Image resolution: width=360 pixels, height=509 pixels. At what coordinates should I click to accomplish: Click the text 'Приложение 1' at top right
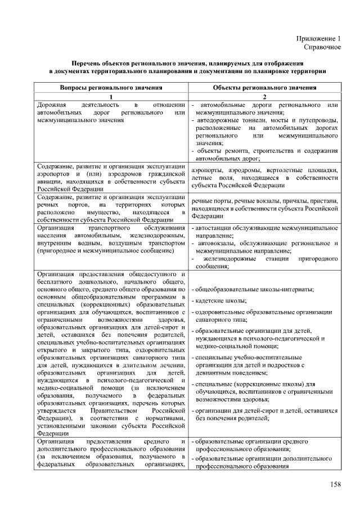tap(318, 39)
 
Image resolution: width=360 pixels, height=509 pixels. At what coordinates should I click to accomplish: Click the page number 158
tap(336, 484)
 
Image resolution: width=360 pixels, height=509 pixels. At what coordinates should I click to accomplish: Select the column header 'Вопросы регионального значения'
tap(111, 88)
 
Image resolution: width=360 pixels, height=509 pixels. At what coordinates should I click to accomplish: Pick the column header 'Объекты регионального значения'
tap(265, 88)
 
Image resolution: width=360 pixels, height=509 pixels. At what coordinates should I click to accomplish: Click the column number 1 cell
tap(111, 97)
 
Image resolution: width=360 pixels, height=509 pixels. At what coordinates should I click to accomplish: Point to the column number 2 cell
tap(265, 97)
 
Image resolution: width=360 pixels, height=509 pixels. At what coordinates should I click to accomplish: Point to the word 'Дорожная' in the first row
tap(51, 105)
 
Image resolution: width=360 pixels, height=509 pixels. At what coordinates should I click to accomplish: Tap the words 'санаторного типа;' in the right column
tap(220, 318)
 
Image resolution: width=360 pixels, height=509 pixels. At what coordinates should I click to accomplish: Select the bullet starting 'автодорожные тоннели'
tap(264, 121)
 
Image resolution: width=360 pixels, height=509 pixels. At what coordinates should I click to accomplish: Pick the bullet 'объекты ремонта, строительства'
tap(264, 151)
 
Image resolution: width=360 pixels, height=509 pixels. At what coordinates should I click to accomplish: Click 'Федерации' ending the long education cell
tap(52, 433)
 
